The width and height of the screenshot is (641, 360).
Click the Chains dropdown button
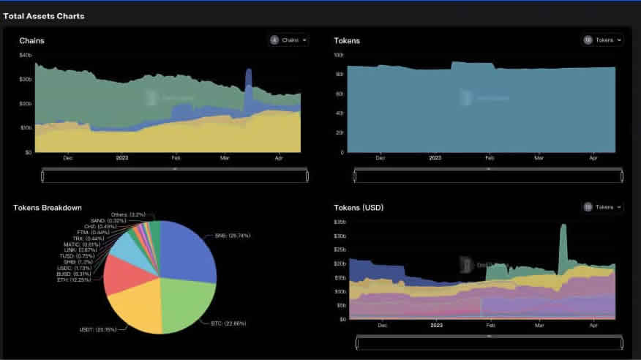[288, 40]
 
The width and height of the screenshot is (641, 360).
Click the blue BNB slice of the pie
[189, 249]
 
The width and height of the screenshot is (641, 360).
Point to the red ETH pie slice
[119, 273]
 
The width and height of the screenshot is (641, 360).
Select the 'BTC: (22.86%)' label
[222, 323]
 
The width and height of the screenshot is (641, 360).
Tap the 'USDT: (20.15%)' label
[97, 329]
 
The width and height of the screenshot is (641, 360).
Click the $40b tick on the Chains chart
[26, 56]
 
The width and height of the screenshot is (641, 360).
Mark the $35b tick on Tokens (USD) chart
[340, 222]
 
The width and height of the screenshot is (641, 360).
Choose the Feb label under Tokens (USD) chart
[490, 324]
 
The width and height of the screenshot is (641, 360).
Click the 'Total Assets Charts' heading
[44, 15]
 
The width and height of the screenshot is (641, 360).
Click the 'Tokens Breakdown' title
[48, 208]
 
